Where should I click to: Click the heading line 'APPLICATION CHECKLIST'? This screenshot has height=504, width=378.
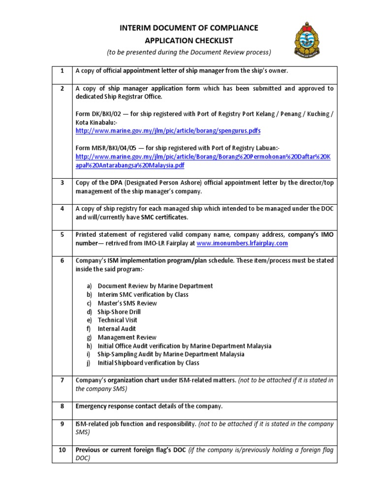click(189, 40)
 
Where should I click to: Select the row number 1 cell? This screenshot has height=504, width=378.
click(63, 71)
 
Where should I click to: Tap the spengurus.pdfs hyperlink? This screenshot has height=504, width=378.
click(168, 131)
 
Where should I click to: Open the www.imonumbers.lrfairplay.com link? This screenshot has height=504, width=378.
click(242, 243)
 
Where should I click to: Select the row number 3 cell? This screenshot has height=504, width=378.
click(63, 183)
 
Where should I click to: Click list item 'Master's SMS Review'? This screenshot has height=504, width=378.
click(127, 303)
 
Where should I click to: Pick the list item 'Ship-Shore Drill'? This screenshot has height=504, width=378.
click(119, 312)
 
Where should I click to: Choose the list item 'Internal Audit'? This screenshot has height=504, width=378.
click(117, 329)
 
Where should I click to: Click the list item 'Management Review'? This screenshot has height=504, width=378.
click(127, 337)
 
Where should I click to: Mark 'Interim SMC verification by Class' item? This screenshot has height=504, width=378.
click(143, 294)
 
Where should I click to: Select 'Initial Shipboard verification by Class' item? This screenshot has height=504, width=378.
click(148, 363)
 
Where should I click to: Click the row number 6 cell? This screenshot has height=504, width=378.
click(63, 260)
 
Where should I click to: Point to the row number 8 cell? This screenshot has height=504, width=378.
click(63, 406)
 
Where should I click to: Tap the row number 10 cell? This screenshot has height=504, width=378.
click(63, 450)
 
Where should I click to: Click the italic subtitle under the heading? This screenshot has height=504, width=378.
click(189, 52)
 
